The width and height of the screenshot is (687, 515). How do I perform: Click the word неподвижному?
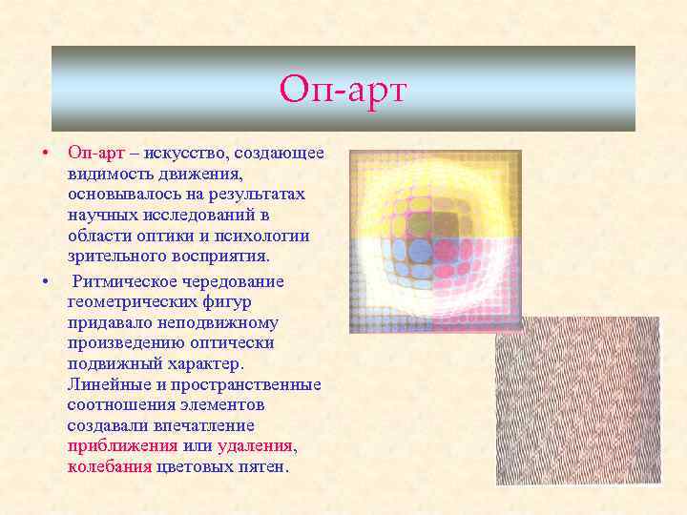pos(222,323)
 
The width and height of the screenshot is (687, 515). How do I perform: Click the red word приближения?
pos(122,446)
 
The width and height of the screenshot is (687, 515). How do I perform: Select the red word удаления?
pos(256,446)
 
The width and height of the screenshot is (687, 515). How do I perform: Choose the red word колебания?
pos(109,467)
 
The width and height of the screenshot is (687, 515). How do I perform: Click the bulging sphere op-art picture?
pos(435,240)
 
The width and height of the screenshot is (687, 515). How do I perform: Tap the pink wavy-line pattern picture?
pos(577,401)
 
